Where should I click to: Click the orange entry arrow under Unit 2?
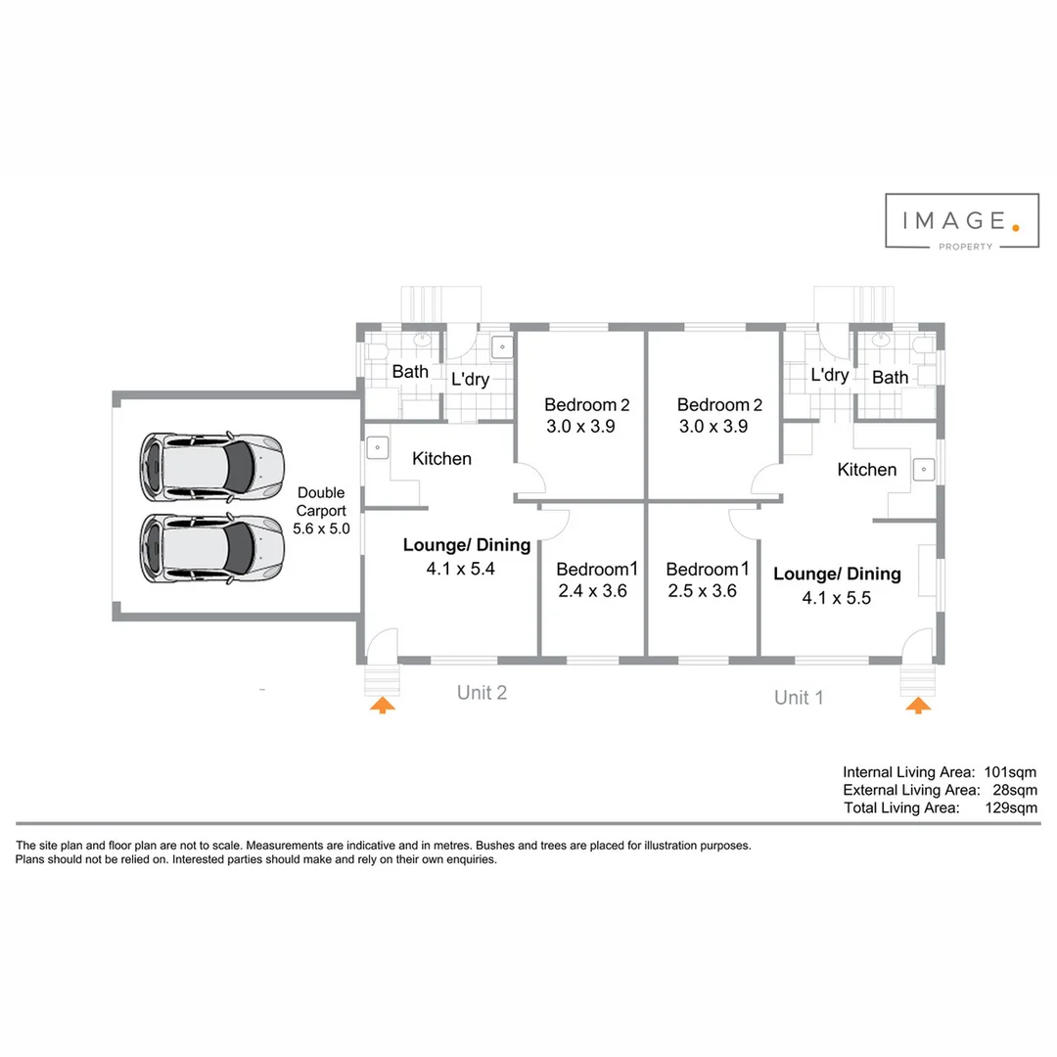(x=383, y=705)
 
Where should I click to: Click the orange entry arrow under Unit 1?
(x=917, y=705)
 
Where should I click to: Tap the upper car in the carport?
(x=211, y=463)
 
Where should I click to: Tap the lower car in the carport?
(x=211, y=548)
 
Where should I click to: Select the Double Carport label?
(x=320, y=510)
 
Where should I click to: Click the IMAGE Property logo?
(x=962, y=221)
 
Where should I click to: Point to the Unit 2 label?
(x=482, y=693)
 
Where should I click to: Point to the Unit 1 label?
(x=799, y=698)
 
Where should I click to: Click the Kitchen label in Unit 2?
(x=441, y=459)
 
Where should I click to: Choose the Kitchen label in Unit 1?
(x=867, y=470)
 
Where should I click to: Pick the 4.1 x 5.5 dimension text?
(x=836, y=598)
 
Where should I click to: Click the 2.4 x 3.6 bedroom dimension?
(x=592, y=591)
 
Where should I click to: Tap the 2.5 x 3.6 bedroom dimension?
(x=702, y=591)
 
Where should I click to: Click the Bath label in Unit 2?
(x=410, y=372)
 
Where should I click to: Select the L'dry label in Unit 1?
(x=830, y=376)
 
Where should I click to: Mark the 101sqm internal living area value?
(x=1010, y=772)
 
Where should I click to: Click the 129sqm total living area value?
(x=1010, y=808)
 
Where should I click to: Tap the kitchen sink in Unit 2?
(x=378, y=447)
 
